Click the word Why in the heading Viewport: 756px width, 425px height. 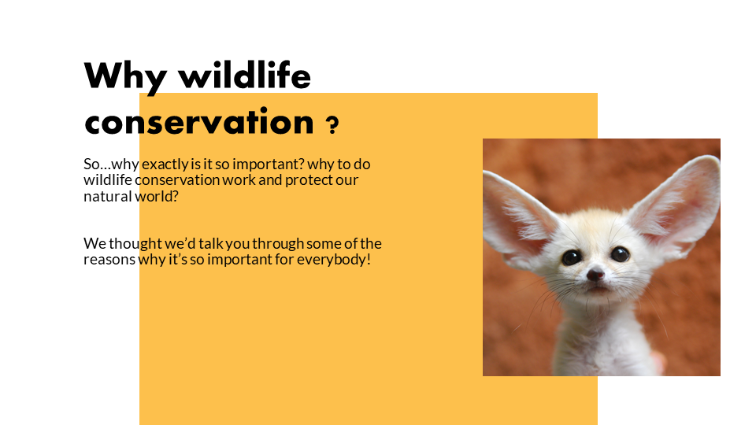pyautogui.click(x=125, y=77)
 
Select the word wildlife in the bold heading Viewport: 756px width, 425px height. pyautogui.click(x=245, y=76)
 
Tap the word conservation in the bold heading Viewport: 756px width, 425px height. pyautogui.click(x=199, y=121)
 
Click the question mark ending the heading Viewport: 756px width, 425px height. pyautogui.click(x=332, y=125)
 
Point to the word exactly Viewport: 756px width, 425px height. pyautogui.click(x=165, y=164)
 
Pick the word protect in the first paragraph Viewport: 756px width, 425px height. pyautogui.click(x=309, y=180)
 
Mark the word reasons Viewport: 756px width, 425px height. pyautogui.click(x=109, y=260)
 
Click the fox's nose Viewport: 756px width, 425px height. pyautogui.click(x=595, y=274)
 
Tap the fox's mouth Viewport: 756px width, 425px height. pyautogui.click(x=598, y=288)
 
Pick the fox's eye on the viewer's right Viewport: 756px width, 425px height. pyautogui.click(x=620, y=253)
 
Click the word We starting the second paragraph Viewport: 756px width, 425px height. pyautogui.click(x=95, y=244)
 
